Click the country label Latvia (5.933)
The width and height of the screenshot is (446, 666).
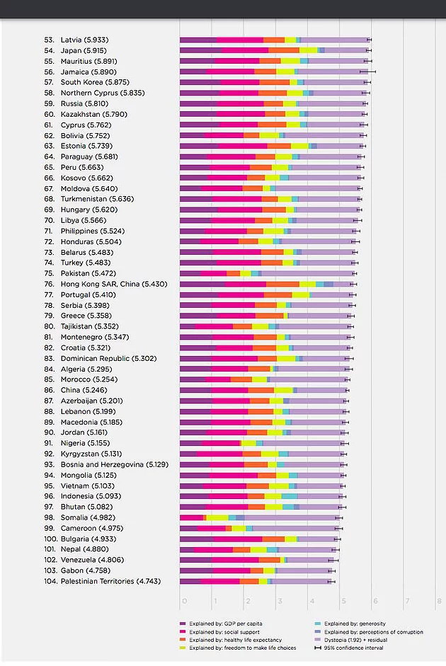[x=84, y=40]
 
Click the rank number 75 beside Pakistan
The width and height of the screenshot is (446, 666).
[x=49, y=273]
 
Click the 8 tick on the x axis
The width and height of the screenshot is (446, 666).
[x=439, y=602]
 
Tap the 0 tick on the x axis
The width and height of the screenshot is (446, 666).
[x=183, y=602]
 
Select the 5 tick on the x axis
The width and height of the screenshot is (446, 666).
[x=343, y=602]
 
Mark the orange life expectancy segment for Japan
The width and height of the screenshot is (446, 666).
[x=284, y=50]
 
